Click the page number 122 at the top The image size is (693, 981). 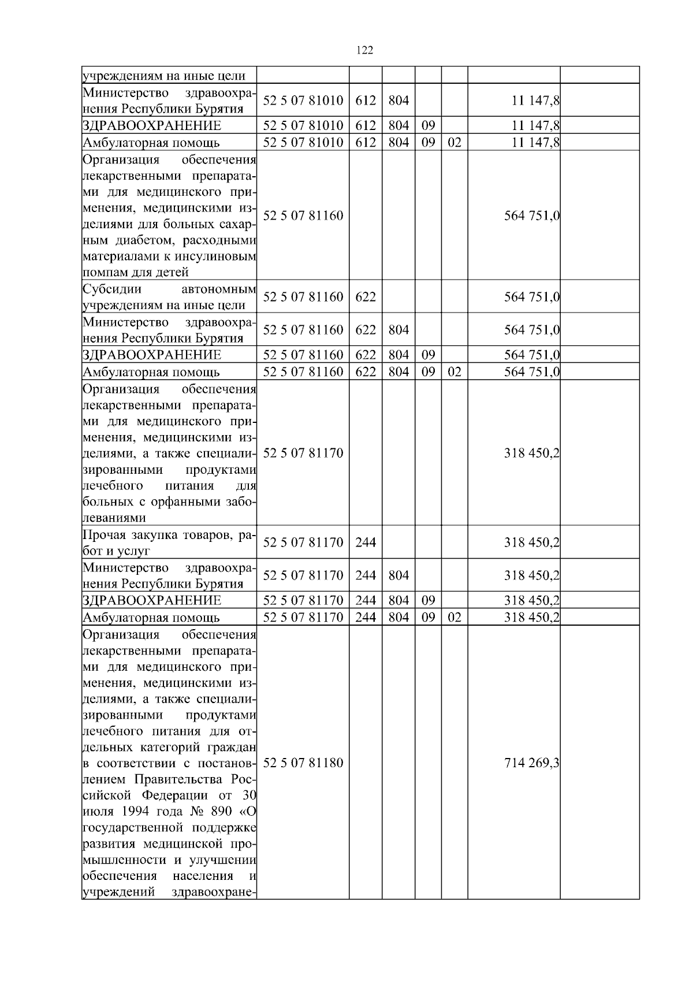(365, 50)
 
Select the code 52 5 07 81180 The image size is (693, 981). (303, 763)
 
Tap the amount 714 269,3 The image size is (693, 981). (531, 763)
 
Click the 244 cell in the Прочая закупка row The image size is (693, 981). (366, 542)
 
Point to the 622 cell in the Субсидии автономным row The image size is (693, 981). (366, 297)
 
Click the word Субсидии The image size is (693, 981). (112, 289)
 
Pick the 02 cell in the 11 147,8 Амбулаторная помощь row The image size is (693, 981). (454, 142)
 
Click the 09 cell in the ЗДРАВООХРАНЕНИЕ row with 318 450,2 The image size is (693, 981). (428, 600)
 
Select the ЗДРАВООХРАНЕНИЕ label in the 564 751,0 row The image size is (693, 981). (152, 355)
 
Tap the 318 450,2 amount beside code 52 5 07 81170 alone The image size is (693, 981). (531, 453)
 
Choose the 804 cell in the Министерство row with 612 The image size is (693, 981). (398, 101)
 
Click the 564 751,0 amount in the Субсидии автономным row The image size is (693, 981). (531, 297)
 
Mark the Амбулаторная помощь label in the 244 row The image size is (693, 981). (151, 618)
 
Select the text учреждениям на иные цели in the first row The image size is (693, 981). (165, 76)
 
